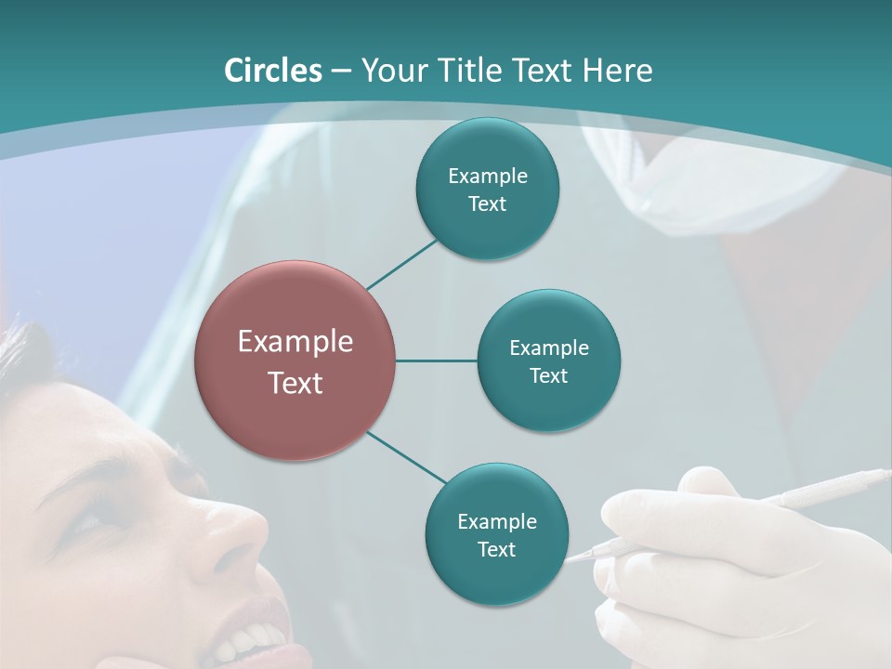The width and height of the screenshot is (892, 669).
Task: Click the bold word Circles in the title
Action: tap(273, 71)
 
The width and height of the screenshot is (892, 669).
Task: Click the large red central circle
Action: tap(295, 361)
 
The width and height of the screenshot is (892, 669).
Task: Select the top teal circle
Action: tap(487, 189)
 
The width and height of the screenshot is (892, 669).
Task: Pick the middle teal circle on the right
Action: tap(548, 361)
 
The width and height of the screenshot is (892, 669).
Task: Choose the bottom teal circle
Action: tap(496, 534)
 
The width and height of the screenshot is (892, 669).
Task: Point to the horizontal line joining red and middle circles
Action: tap(436, 361)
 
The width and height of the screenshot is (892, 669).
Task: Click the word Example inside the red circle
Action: tap(295, 342)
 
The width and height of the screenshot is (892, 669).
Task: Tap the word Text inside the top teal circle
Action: tap(487, 204)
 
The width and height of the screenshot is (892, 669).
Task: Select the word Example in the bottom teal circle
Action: tap(496, 522)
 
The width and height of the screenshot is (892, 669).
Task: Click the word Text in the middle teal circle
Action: tap(548, 376)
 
